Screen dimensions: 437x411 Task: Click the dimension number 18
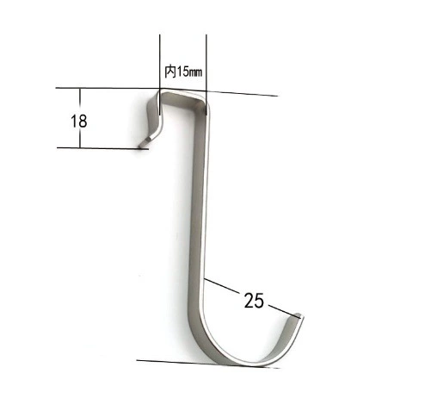point(79,121)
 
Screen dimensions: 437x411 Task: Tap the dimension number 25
point(254,301)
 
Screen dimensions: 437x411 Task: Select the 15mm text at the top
point(188,72)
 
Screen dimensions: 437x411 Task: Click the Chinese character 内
point(169,72)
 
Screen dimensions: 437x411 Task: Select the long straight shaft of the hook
point(199,201)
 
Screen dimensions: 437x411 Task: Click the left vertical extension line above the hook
point(160,75)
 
